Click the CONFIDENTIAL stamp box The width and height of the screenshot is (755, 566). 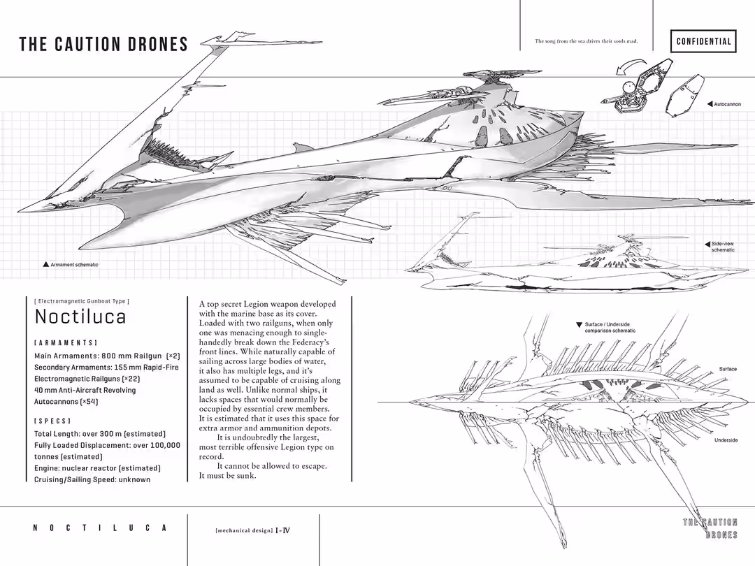click(x=703, y=41)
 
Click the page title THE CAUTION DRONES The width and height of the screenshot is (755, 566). click(x=103, y=45)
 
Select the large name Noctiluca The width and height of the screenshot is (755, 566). click(x=80, y=317)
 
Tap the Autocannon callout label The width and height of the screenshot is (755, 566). click(x=727, y=104)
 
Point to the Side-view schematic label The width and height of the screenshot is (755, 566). click(x=723, y=247)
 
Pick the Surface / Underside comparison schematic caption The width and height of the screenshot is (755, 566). click(x=610, y=328)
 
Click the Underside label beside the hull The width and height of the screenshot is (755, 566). click(x=726, y=440)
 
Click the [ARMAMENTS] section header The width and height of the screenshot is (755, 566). click(x=66, y=343)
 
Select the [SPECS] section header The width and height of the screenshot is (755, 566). click(x=52, y=421)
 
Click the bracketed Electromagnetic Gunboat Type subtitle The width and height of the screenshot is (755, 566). click(x=82, y=301)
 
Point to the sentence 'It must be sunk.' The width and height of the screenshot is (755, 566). click(x=228, y=476)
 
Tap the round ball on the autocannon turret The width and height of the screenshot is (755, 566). click(x=628, y=88)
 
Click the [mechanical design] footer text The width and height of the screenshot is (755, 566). click(x=244, y=530)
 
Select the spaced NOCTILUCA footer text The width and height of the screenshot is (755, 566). click(x=100, y=528)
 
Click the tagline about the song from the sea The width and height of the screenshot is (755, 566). click(x=586, y=41)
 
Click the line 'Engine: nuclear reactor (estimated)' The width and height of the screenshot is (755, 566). click(x=97, y=468)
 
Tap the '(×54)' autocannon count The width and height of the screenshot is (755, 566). click(x=88, y=402)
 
